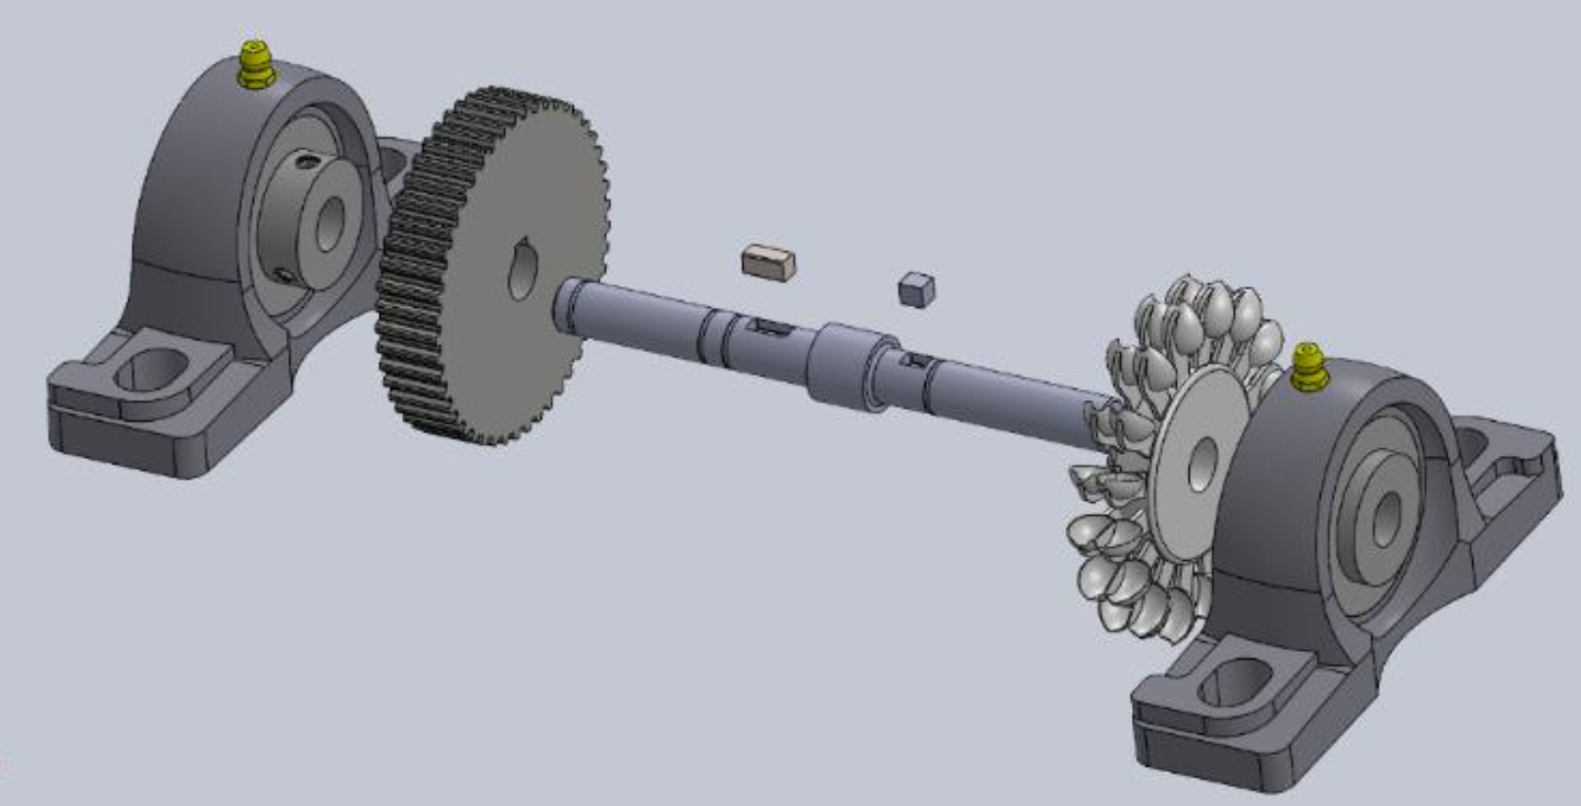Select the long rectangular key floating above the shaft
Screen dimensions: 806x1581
768,262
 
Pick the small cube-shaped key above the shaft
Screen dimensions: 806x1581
916,289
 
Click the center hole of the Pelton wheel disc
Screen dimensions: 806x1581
1202,462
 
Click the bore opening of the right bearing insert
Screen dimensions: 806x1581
1386,520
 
